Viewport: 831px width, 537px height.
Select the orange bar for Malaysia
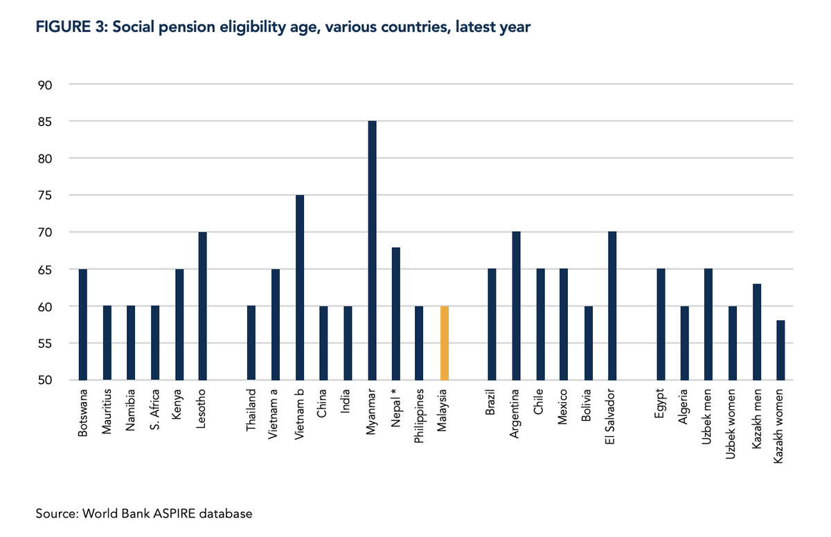445,343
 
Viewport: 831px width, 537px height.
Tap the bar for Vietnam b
300,287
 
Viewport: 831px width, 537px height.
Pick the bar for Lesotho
203,306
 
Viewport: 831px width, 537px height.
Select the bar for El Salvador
611,306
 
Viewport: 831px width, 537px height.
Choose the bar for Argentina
516,306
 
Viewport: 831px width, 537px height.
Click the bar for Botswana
83,325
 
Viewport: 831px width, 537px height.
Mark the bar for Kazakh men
756,331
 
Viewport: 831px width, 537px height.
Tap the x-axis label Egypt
659,404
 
